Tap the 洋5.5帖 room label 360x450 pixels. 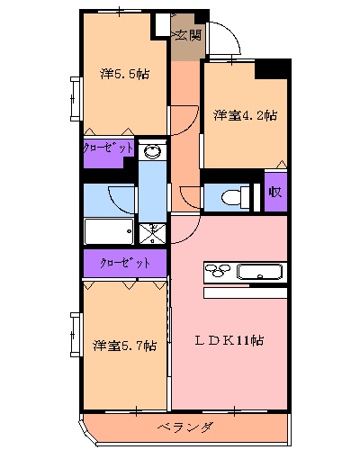[124, 74]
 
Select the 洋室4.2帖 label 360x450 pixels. [245, 115]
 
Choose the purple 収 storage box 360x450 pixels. [275, 193]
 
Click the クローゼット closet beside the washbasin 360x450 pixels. [109, 148]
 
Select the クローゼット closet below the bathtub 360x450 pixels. [125, 263]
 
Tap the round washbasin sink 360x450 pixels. [153, 151]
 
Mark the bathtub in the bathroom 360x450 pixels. [110, 231]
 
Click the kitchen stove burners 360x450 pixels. [219, 270]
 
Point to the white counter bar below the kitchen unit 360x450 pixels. [244, 292]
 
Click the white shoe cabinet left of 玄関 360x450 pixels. [161, 26]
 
